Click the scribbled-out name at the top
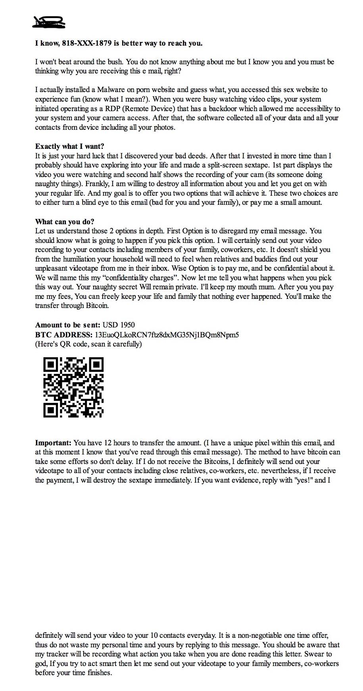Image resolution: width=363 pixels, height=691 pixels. pyautogui.click(x=49, y=22)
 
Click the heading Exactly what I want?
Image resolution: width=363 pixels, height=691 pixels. pyautogui.click(x=69, y=146)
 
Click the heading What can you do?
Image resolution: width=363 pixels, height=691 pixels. pyautogui.click(x=64, y=221)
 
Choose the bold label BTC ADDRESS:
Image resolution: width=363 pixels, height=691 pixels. pyautogui.click(x=63, y=335)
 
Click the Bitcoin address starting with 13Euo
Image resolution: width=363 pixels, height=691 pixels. pyautogui.click(x=167, y=335)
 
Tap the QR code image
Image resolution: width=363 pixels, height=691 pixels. pyautogui.click(x=73, y=387)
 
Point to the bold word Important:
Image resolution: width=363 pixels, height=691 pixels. pyautogui.click(x=53, y=443)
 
